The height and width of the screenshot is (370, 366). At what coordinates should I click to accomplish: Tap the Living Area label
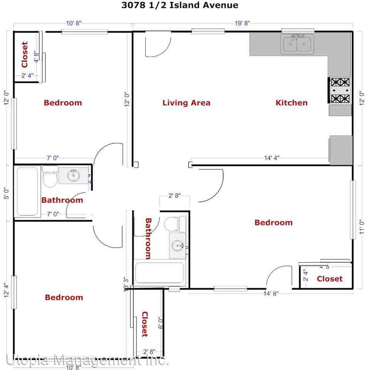pyautogui.click(x=186, y=103)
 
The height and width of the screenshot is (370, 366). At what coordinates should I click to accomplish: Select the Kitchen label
pyautogui.click(x=292, y=103)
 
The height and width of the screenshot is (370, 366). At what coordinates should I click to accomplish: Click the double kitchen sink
pyautogui.click(x=297, y=44)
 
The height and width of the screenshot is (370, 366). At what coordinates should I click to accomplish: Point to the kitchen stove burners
pyautogui.click(x=340, y=91)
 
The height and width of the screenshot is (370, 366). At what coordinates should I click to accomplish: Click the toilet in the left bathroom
pyautogui.click(x=49, y=176)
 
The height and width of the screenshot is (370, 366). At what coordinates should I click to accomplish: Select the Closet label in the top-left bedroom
pyautogui.click(x=25, y=55)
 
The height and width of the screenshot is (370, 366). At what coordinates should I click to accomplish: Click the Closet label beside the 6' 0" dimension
pyautogui.click(x=144, y=324)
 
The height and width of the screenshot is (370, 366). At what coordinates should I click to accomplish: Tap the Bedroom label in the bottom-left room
pyautogui.click(x=64, y=297)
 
